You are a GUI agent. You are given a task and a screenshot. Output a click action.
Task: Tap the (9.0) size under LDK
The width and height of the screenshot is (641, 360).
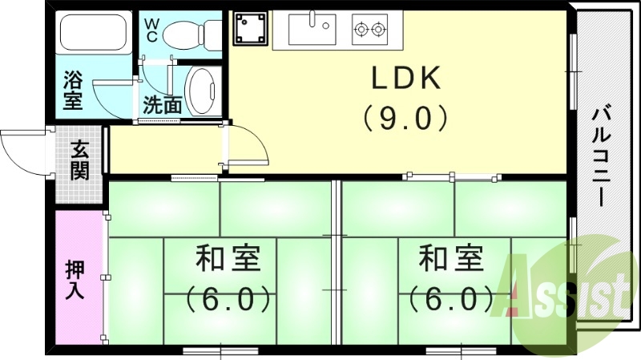click(405, 119)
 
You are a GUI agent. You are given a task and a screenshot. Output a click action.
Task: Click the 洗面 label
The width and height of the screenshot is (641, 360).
click(162, 104)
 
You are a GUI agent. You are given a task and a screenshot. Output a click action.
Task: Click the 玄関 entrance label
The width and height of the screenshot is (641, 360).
click(79, 160)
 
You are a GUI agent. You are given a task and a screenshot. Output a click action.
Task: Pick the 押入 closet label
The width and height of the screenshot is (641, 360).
click(75, 280)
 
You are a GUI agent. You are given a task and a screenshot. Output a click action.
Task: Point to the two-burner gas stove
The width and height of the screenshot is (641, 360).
click(370, 30)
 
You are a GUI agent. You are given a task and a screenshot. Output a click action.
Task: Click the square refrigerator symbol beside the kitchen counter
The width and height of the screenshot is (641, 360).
click(248, 30)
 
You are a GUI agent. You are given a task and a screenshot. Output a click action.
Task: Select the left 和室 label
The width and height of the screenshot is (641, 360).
click(228, 261)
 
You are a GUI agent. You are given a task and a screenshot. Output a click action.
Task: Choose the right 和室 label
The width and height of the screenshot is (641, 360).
click(451, 261)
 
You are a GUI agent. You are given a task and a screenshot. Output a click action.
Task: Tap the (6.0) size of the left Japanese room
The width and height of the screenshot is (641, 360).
click(228, 299)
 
